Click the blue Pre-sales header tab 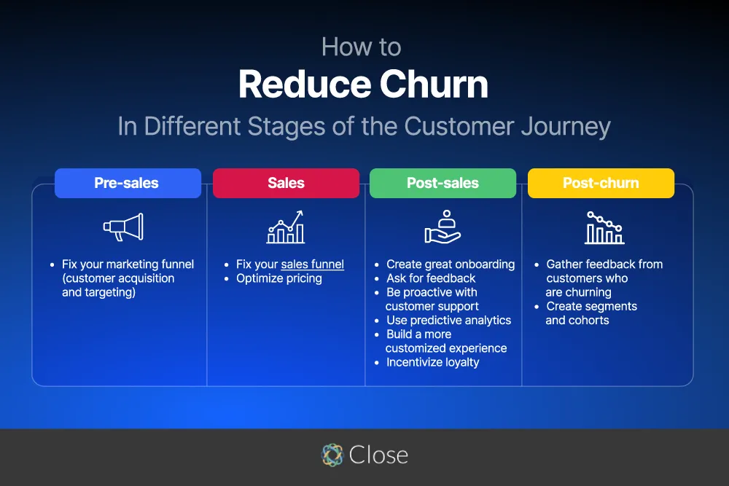[128, 183]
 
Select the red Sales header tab [286, 183]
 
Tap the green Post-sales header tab [443, 183]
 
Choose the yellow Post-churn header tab [601, 183]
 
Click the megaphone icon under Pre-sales [123, 227]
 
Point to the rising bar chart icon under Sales [285, 227]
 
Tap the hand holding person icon [443, 227]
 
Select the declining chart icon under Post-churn [604, 227]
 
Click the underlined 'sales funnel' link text [312, 264]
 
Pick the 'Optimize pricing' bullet [279, 278]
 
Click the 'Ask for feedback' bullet [431, 278]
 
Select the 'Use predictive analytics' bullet [448, 320]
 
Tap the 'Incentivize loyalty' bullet [432, 362]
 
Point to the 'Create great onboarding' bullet [451, 264]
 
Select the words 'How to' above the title [361, 47]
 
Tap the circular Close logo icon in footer [332, 455]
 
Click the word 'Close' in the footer [378, 455]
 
